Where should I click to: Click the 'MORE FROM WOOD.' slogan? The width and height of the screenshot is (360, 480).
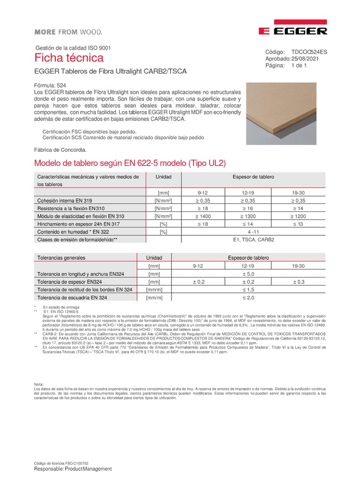coord(68,32)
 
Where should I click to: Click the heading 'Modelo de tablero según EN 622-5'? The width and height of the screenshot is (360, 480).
coord(131,164)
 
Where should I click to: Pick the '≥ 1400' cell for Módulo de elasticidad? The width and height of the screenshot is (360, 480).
coord(203,216)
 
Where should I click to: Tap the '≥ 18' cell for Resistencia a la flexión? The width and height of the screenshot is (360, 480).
coord(203,208)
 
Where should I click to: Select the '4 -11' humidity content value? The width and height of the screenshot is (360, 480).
coord(253,232)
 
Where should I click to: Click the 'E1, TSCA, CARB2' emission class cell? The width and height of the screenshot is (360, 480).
coord(253,240)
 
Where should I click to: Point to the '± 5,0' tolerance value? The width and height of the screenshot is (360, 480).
coord(248,274)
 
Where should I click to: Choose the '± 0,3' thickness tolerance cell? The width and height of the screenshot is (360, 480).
coord(298,282)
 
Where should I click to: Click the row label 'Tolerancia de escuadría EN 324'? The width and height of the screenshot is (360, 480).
coord(72,298)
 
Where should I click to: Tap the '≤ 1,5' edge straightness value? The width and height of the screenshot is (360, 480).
coord(248,290)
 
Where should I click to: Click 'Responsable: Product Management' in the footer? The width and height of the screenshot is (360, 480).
coord(73,469)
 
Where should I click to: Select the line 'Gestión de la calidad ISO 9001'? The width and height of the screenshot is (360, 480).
coord(73,48)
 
